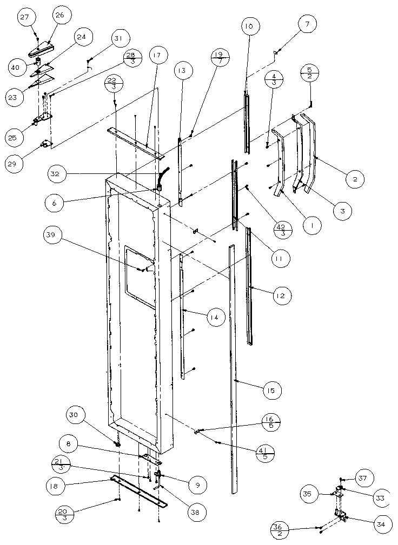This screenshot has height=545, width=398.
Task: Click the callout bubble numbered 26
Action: (x=59, y=16)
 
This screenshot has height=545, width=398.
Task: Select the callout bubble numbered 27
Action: (x=25, y=17)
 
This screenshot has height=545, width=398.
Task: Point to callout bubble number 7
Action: (x=307, y=24)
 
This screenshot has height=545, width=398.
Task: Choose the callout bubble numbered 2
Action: (x=355, y=179)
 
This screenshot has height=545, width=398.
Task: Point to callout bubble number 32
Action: (x=58, y=174)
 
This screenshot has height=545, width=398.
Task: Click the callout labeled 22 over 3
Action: (x=115, y=85)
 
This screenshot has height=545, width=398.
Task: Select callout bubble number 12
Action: (x=281, y=295)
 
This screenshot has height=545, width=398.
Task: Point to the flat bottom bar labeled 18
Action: (x=138, y=491)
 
